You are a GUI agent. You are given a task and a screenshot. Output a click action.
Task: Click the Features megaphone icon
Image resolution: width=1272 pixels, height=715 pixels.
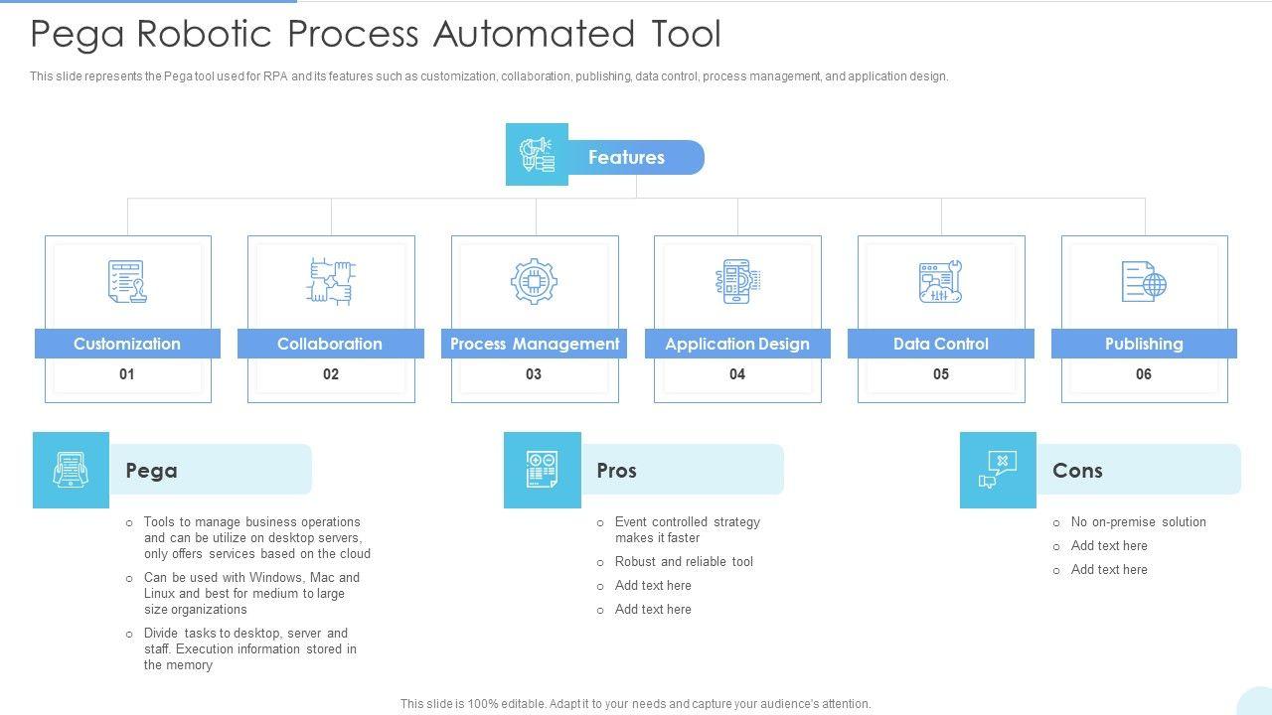click(537, 154)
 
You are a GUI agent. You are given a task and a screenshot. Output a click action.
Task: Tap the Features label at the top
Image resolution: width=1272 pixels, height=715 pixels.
click(626, 157)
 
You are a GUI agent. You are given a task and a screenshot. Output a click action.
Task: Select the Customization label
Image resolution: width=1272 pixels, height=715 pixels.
click(127, 344)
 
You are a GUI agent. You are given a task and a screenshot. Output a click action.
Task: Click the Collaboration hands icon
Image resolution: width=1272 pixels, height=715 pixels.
click(331, 281)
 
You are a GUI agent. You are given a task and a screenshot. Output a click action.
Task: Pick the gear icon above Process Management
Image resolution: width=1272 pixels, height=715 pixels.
click(534, 281)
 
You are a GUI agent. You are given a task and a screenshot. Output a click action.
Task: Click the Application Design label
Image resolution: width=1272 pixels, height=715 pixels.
click(737, 344)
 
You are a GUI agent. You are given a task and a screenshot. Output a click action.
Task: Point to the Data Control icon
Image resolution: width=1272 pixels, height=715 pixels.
click(940, 281)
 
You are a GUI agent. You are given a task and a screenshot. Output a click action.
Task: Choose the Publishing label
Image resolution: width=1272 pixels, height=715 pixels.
click(1144, 344)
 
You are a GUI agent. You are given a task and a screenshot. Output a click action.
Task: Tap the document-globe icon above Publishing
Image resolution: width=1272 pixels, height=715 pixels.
click(1144, 281)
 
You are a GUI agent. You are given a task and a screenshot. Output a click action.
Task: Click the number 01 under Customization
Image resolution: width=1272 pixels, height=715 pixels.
click(126, 374)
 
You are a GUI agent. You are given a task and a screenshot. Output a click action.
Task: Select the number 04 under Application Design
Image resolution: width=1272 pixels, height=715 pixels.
click(737, 374)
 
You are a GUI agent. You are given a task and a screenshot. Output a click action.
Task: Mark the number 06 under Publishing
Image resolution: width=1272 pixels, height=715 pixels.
click(1144, 374)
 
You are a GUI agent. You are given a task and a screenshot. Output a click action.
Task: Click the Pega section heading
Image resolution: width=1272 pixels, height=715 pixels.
click(152, 471)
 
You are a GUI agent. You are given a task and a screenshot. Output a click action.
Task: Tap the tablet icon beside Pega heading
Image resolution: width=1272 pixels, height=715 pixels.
click(71, 470)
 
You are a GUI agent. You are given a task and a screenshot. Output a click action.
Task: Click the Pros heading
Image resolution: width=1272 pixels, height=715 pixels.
click(617, 471)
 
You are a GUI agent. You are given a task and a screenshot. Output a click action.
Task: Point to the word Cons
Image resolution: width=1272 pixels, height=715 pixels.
click(1077, 471)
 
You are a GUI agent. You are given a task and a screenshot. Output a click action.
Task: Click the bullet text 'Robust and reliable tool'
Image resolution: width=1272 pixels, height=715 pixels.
click(684, 562)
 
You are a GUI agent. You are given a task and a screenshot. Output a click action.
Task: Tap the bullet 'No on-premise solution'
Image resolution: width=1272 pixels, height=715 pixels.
click(1138, 522)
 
